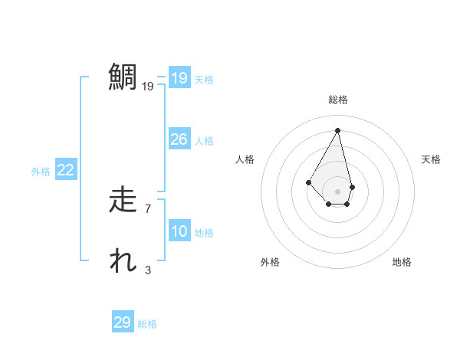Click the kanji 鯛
[122, 78]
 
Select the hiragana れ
[122, 261]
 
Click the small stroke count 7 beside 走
[148, 208]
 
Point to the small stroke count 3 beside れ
[148, 270]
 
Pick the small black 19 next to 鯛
[148, 87]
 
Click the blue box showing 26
[179, 139]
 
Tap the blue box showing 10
[179, 231]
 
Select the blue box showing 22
[66, 170]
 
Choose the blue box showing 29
[123, 322]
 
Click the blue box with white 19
[179, 78]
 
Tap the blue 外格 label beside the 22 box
[41, 172]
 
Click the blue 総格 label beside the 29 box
[148, 324]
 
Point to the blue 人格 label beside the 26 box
[204, 141]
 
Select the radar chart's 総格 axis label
[338, 100]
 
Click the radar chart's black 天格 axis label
[431, 159]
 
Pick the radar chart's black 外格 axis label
[270, 262]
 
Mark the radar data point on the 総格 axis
[338, 130]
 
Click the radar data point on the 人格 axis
[308, 182]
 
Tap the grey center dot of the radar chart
[338, 191]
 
